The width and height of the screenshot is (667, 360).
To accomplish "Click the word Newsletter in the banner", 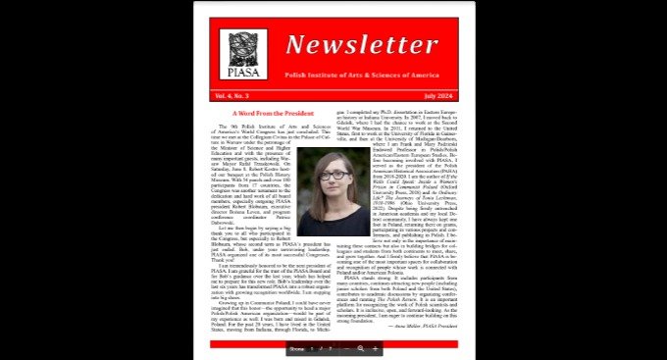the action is coord(348,44).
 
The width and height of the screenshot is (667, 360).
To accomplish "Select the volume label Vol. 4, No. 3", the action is coord(234,97).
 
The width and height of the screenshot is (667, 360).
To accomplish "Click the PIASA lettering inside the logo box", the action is coord(242,72).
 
